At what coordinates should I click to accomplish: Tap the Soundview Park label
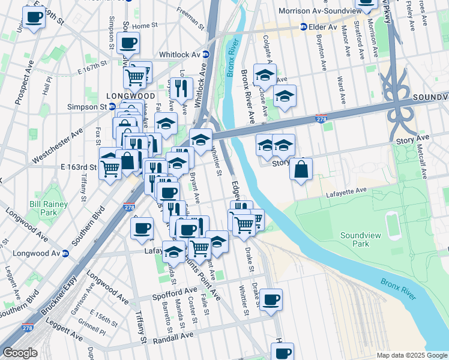pyautogui.click(x=363, y=240)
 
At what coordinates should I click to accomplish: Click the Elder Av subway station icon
pyautogui.click(x=304, y=27)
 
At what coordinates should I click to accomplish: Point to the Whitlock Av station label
pyautogui.click(x=179, y=54)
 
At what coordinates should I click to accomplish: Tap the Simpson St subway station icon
pyautogui.click(x=112, y=107)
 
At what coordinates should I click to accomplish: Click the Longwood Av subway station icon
pyautogui.click(x=65, y=253)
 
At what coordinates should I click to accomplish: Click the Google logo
pyautogui.click(x=20, y=353)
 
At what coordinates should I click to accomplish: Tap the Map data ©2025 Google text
pyautogui.click(x=411, y=355)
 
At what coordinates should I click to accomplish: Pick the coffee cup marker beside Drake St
pyautogui.click(x=271, y=299)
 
